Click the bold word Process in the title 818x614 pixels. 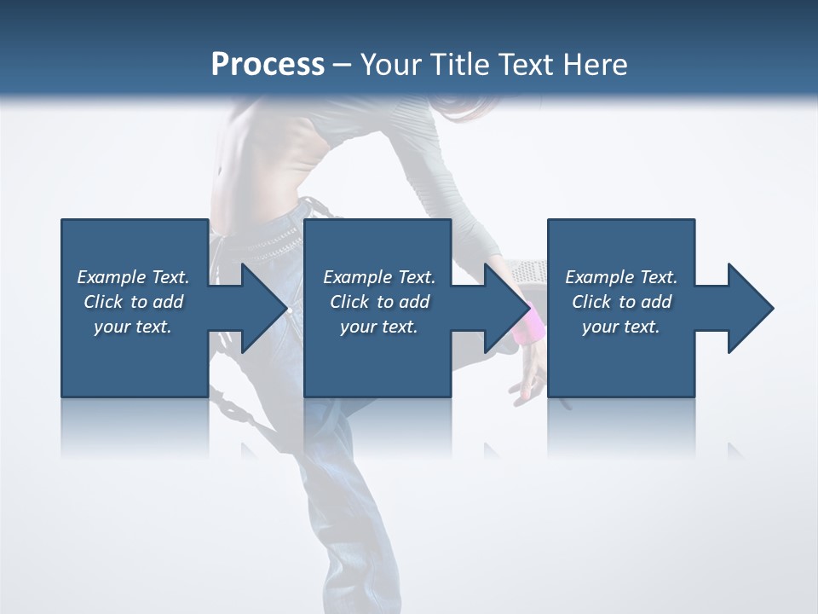pyautogui.click(x=268, y=65)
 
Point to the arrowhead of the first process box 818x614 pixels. pyautogui.click(x=260, y=308)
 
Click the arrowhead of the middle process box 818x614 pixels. pyautogui.click(x=504, y=308)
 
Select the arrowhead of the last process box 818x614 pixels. pyautogui.click(x=747, y=308)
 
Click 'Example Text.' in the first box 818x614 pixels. pyautogui.click(x=133, y=277)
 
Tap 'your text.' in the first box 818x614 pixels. pyautogui.click(x=133, y=327)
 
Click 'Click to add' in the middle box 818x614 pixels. pyautogui.click(x=379, y=302)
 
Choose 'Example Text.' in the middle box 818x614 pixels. pyautogui.click(x=379, y=277)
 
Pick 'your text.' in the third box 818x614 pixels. pyautogui.click(x=621, y=327)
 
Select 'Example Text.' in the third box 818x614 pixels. pyautogui.click(x=621, y=277)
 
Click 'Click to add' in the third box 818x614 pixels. pyautogui.click(x=621, y=302)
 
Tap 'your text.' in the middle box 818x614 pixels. pyautogui.click(x=379, y=327)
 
